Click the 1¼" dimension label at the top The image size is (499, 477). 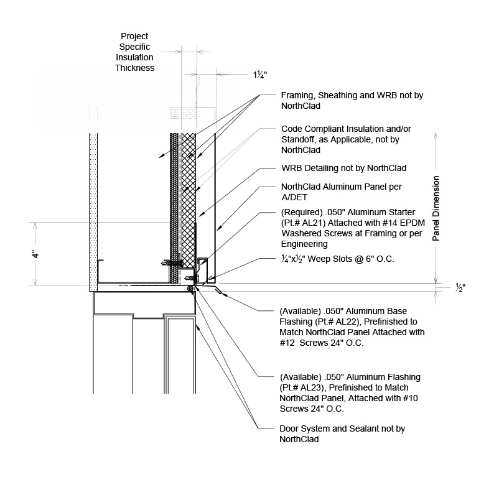click(259, 75)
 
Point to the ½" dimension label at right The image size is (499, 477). click(460, 288)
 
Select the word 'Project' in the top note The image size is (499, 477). click(135, 36)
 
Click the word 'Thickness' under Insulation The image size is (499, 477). click(135, 68)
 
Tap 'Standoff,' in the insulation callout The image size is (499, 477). click(298, 139)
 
